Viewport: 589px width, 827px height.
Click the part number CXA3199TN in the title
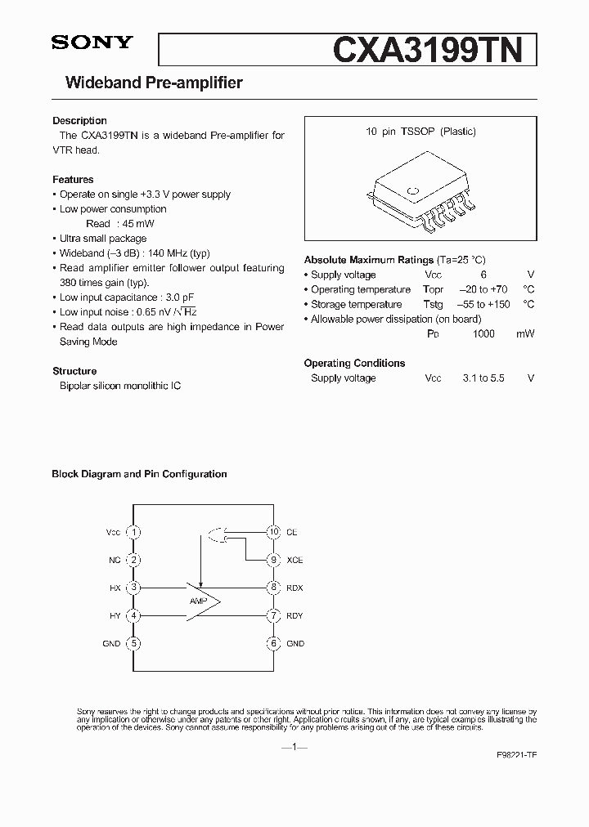click(425, 51)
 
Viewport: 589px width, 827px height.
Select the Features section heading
click(73, 179)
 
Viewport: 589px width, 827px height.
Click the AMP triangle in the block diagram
click(201, 601)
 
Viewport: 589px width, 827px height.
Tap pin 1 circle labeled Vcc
click(135, 532)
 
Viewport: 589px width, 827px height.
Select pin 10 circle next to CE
click(274, 532)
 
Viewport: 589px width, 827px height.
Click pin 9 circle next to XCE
click(274, 560)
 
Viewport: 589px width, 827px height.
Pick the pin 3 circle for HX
click(135, 588)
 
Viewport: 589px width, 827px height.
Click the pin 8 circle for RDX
click(274, 588)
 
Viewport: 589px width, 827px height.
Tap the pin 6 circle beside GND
click(274, 643)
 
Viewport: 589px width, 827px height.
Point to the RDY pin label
click(294, 615)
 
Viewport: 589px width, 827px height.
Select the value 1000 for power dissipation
click(483, 334)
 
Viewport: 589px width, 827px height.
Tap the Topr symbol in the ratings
click(433, 289)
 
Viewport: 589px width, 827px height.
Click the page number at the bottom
click(294, 747)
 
